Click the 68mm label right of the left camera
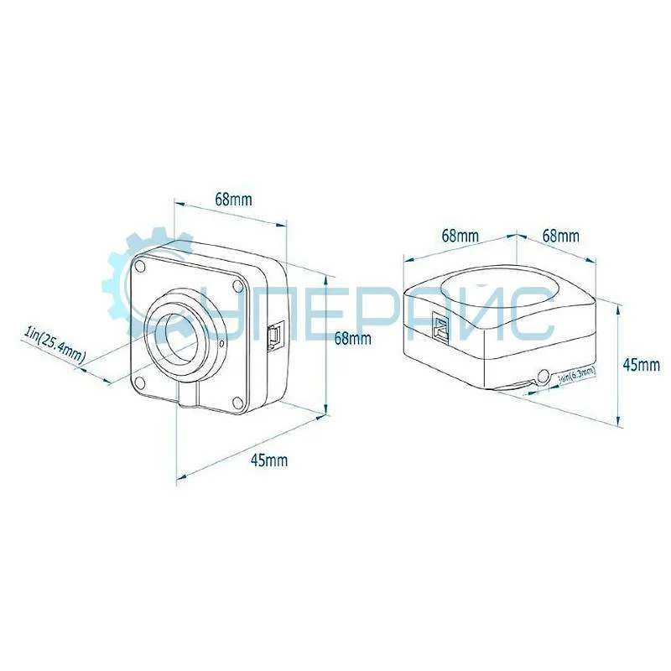pyautogui.click(x=352, y=339)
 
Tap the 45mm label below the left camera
pyautogui.click(x=270, y=460)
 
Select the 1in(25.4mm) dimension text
pyautogui.click(x=55, y=344)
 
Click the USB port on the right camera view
pyautogui.click(x=440, y=326)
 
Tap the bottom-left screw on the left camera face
pyautogui.click(x=141, y=382)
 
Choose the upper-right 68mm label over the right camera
pyautogui.click(x=560, y=236)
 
